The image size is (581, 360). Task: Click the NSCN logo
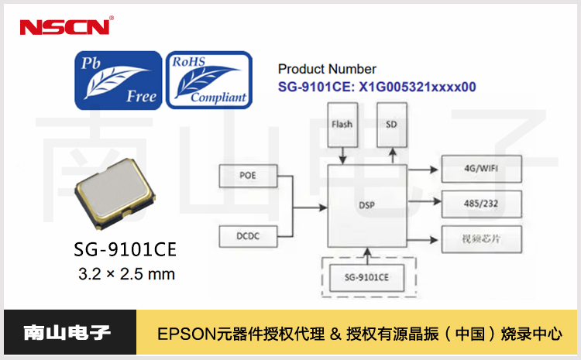[x=66, y=27]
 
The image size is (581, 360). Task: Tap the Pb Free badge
[x=118, y=79]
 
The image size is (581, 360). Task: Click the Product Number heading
[x=327, y=70]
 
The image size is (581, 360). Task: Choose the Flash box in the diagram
[x=341, y=125]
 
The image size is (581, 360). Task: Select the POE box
[x=248, y=177]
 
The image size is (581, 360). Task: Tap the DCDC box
[x=248, y=235]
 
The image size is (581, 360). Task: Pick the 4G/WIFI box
[x=481, y=168]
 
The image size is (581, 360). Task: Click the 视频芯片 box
[x=481, y=237]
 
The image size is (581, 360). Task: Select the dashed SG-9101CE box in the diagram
[x=366, y=276]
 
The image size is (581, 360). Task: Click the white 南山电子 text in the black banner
[x=67, y=334]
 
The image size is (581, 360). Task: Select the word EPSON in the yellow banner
[x=183, y=334]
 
